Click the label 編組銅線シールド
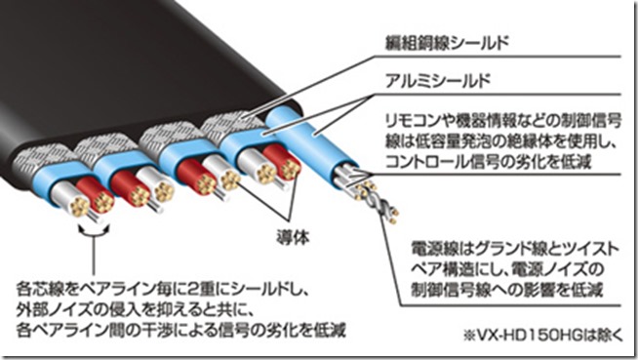(447, 43)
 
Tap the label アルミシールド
(437, 81)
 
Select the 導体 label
(293, 237)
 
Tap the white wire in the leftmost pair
(71, 198)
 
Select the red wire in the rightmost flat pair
(282, 162)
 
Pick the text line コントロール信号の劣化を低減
(489, 162)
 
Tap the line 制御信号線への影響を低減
(507, 290)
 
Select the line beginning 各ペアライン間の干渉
(181, 330)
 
